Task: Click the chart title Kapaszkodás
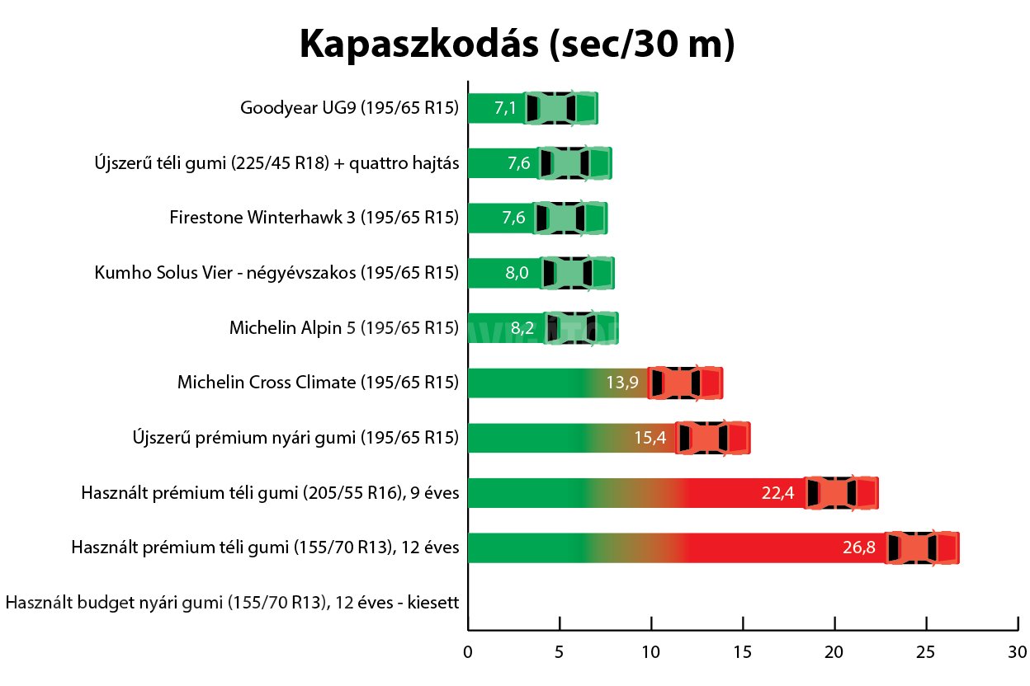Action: pyautogui.click(x=517, y=44)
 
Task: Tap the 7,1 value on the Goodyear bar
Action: pyautogui.click(x=505, y=108)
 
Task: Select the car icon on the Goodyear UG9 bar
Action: pyautogui.click(x=561, y=108)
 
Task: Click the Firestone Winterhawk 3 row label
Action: pyautogui.click(x=314, y=218)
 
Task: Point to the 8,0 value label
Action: pyautogui.click(x=517, y=273)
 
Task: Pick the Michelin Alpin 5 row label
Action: pyautogui.click(x=343, y=327)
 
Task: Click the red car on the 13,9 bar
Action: pyautogui.click(x=685, y=383)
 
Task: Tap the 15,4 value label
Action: pyautogui.click(x=650, y=438)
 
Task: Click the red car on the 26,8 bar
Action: pyautogui.click(x=922, y=548)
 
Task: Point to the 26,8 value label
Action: pyautogui.click(x=859, y=548)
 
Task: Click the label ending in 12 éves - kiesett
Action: pyautogui.click(x=232, y=603)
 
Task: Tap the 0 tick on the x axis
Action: pyautogui.click(x=468, y=651)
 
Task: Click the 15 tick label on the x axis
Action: pyautogui.click(x=743, y=651)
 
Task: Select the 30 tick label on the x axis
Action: pyautogui.click(x=1018, y=651)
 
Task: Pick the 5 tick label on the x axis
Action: pyautogui.click(x=560, y=651)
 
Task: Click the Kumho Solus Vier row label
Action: pyautogui.click(x=276, y=273)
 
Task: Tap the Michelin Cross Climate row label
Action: pyautogui.click(x=318, y=383)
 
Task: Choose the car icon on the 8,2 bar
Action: pyautogui.click(x=581, y=328)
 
